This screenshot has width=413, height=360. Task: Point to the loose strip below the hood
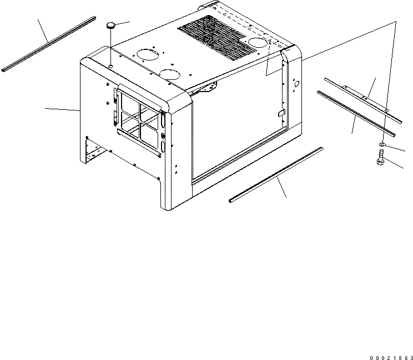[276, 174]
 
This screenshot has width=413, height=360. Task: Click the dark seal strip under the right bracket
[355, 113]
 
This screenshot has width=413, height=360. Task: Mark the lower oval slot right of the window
[164, 147]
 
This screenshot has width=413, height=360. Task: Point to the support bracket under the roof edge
[208, 86]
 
